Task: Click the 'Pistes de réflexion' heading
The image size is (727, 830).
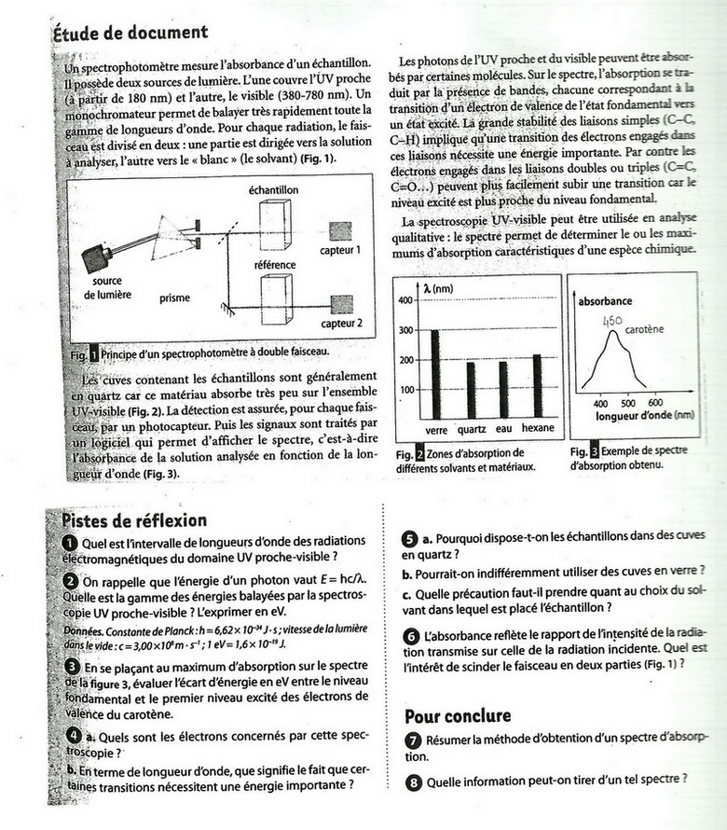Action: pos(133,519)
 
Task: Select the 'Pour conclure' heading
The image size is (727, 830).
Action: pos(458,715)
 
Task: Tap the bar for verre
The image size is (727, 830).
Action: pos(434,373)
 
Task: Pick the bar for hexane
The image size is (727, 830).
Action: pos(536,386)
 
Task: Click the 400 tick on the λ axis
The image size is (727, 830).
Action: pos(405,300)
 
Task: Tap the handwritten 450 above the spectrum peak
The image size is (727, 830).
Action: pos(612,321)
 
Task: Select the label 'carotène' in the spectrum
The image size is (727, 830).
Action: pos(644,330)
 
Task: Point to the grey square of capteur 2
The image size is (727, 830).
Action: pos(340,304)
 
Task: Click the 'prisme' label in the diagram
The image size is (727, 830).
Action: pos(174,298)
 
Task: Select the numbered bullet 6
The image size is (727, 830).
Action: pos(410,636)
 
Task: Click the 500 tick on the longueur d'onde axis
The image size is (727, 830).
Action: pos(628,403)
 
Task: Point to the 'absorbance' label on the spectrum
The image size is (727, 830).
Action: pos(606,301)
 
